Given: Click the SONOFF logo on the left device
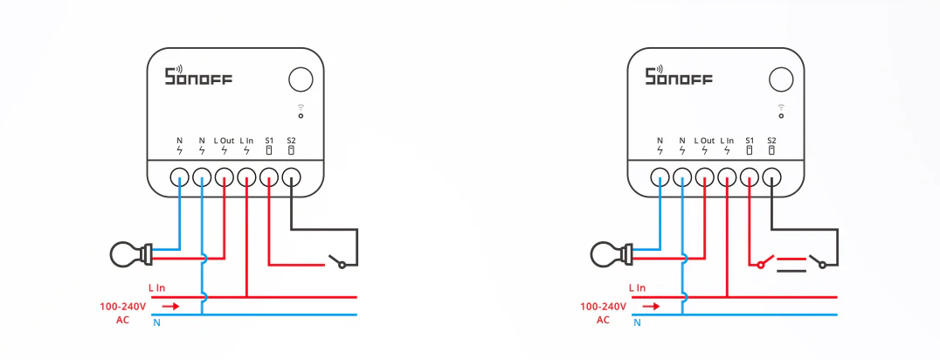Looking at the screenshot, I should (198, 77).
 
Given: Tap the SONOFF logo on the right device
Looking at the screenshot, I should (679, 77).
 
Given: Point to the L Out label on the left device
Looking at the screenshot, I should (225, 141).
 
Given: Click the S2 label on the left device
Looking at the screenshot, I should (291, 141).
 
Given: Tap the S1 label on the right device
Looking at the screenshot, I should (749, 141).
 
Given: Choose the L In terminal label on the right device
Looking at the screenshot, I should (727, 141).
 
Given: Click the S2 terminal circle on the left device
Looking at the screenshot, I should (291, 177).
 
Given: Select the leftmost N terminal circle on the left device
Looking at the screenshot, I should (180, 177).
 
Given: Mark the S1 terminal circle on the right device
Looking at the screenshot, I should (749, 177).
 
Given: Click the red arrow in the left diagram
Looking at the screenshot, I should (171, 307).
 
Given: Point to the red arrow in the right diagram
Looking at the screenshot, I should (652, 307).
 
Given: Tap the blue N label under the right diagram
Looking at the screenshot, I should (637, 323).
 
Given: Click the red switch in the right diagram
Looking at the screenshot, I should (764, 260).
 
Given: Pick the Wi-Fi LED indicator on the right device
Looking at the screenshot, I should (781, 114).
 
